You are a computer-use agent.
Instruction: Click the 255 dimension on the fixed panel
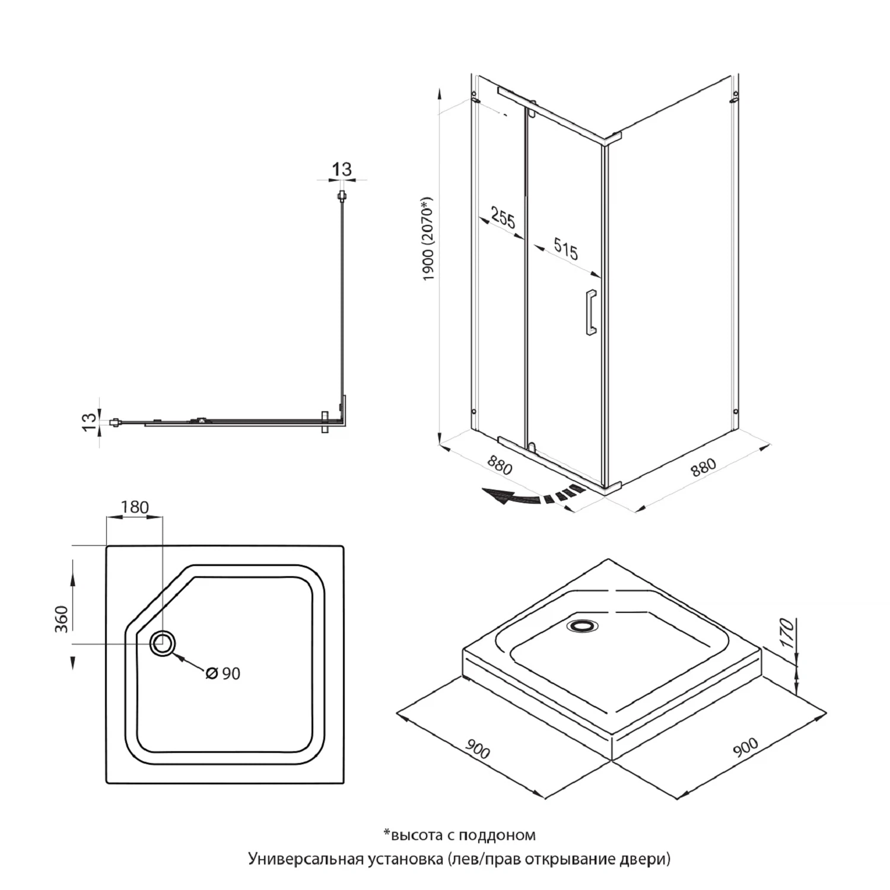pyautogui.click(x=503, y=220)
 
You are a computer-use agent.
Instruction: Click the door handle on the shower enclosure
pyautogui.click(x=591, y=313)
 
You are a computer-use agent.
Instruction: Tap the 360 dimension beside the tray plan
pyautogui.click(x=62, y=619)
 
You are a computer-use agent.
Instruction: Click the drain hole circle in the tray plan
pyautogui.click(x=163, y=643)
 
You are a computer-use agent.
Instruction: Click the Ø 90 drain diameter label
pyautogui.click(x=223, y=673)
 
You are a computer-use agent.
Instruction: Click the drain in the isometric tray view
pyautogui.click(x=583, y=625)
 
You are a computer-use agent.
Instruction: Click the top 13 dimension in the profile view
pyautogui.click(x=342, y=169)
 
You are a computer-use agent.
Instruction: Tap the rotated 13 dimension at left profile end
pyautogui.click(x=88, y=421)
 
